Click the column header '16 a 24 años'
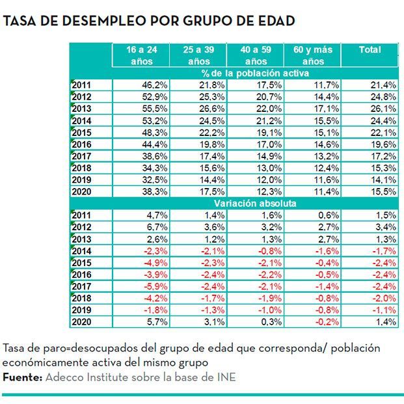click(x=141, y=55)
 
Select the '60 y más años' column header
click(x=313, y=55)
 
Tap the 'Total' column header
click(x=370, y=50)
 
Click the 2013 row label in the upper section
click(x=82, y=108)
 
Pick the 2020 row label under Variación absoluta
click(x=82, y=321)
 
